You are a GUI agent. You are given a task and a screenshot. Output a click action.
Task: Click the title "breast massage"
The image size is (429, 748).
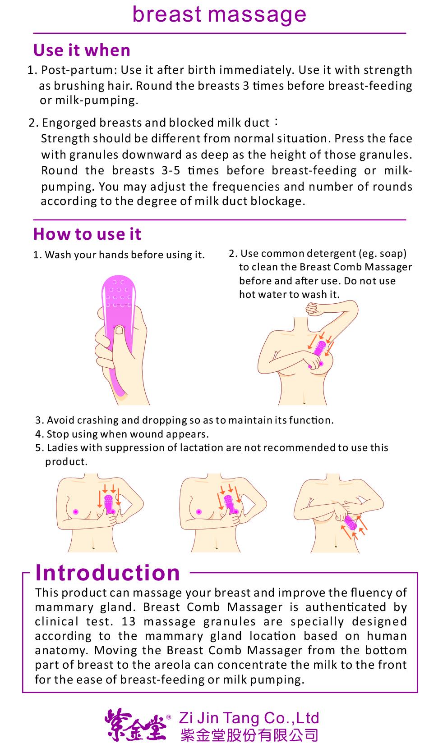[219, 15]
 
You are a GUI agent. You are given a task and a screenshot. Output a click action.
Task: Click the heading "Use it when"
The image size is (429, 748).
[82, 50]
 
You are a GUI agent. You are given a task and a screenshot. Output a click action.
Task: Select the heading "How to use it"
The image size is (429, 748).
[87, 234]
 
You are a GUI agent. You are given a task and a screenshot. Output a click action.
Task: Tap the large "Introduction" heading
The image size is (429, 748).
[108, 573]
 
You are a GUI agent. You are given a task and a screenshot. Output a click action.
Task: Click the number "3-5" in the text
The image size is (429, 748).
[171, 170]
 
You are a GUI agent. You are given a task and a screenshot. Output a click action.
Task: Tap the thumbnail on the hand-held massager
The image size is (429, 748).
[120, 330]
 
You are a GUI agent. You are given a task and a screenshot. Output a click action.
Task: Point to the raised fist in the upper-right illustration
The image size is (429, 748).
[314, 309]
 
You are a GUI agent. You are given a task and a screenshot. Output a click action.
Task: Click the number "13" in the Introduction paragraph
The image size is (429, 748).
[129, 621]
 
